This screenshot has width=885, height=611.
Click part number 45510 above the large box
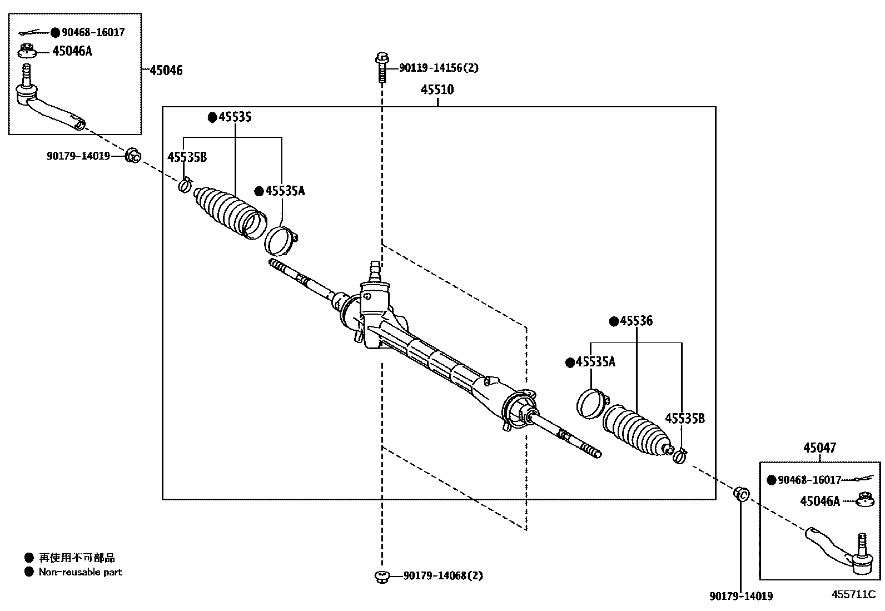(437, 90)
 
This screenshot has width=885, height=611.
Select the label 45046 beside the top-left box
(166, 70)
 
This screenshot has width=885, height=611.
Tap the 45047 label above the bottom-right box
(819, 448)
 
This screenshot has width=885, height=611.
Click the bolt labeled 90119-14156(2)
(382, 67)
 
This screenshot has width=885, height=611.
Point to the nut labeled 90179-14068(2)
(381, 576)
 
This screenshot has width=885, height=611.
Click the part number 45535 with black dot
(235, 117)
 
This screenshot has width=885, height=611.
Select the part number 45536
(636, 321)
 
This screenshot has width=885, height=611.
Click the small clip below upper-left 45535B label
(185, 184)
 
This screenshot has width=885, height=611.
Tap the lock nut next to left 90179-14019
(133, 156)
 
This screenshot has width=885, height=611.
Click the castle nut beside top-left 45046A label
(27, 51)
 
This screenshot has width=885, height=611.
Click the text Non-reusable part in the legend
(80, 572)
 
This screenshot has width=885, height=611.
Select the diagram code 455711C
(853, 594)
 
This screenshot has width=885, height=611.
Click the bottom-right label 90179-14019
(741, 596)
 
